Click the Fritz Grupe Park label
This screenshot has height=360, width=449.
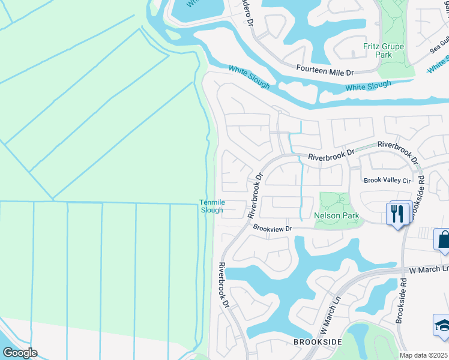[x=384, y=50]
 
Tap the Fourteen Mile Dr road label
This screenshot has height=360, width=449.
[x=325, y=70]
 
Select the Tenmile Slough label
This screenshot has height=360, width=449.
[x=211, y=206]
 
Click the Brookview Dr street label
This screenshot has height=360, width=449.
[x=272, y=228]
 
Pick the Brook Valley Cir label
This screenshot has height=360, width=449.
[x=387, y=180]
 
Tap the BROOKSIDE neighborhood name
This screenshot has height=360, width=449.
[x=318, y=341]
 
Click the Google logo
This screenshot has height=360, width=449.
[x=19, y=353]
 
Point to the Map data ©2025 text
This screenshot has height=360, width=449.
[x=423, y=355]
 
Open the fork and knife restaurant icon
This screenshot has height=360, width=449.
[x=397, y=214]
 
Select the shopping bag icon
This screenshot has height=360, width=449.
[x=443, y=239]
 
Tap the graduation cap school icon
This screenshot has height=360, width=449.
[x=442, y=326]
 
